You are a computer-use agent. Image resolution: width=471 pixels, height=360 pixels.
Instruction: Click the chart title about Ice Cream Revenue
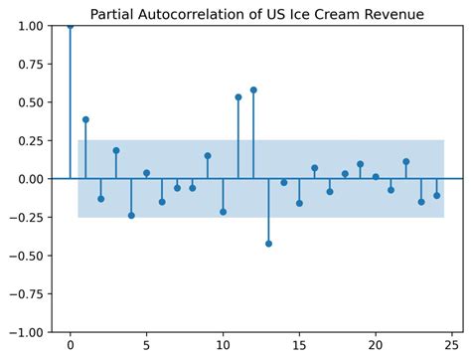point(256,14)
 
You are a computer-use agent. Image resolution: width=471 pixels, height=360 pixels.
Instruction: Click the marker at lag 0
point(70,26)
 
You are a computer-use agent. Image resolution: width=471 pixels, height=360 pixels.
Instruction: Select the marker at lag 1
point(85,119)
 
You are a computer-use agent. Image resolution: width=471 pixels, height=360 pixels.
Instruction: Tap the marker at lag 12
point(253,90)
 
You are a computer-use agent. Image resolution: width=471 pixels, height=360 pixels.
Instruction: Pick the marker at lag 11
point(238,97)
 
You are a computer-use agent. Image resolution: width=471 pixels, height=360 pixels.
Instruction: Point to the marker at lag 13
point(268,244)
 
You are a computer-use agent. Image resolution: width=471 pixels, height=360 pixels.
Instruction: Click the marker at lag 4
point(131,215)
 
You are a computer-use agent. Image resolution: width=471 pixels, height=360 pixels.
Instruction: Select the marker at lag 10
point(223,212)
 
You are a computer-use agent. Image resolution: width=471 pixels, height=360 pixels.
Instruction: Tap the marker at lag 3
point(116,151)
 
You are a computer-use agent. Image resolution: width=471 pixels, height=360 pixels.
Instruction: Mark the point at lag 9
point(208,156)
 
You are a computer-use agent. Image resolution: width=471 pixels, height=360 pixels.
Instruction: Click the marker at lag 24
point(436,195)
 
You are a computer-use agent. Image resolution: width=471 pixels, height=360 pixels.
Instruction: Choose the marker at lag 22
point(406,161)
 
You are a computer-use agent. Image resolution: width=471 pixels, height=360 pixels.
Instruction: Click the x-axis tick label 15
point(299,346)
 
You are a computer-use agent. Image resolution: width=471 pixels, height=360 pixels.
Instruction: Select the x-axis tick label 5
point(146,346)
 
